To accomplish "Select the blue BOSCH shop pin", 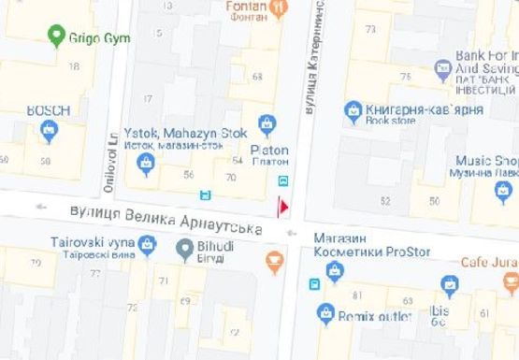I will [x=49, y=130].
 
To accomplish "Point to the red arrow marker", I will [x=284, y=207].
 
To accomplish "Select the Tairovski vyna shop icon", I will [x=147, y=244].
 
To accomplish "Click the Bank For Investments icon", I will [x=443, y=68].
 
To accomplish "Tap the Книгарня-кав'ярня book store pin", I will [x=353, y=109].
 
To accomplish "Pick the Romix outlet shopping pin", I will [x=324, y=313].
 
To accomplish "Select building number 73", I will [x=371, y=30].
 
